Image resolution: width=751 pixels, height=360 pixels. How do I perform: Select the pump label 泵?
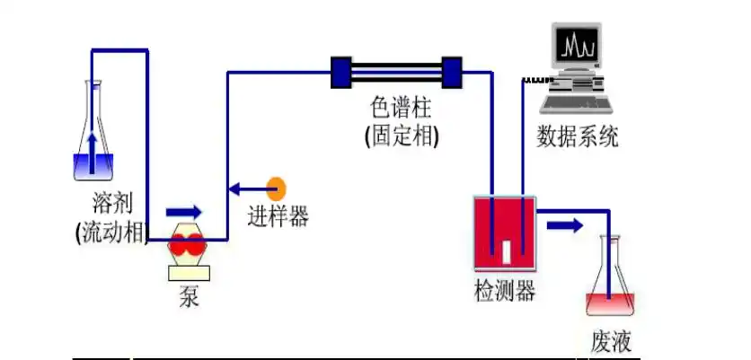(x=188, y=296)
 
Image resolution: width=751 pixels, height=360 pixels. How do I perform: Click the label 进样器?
(x=278, y=216)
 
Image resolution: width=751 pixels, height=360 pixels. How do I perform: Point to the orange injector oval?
(x=278, y=189)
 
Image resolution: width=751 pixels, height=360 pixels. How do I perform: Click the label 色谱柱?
(x=401, y=109)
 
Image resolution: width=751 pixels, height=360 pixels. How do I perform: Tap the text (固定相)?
(x=401, y=136)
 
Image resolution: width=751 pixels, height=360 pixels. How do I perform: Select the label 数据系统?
(x=578, y=136)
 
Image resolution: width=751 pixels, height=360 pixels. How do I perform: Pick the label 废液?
(x=611, y=340)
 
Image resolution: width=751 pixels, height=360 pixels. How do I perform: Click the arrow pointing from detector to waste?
(x=565, y=224)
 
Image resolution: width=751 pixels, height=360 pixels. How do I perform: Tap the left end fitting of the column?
(x=342, y=72)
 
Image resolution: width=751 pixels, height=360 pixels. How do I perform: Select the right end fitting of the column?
(x=451, y=72)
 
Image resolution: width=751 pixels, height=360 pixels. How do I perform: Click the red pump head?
(x=189, y=242)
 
